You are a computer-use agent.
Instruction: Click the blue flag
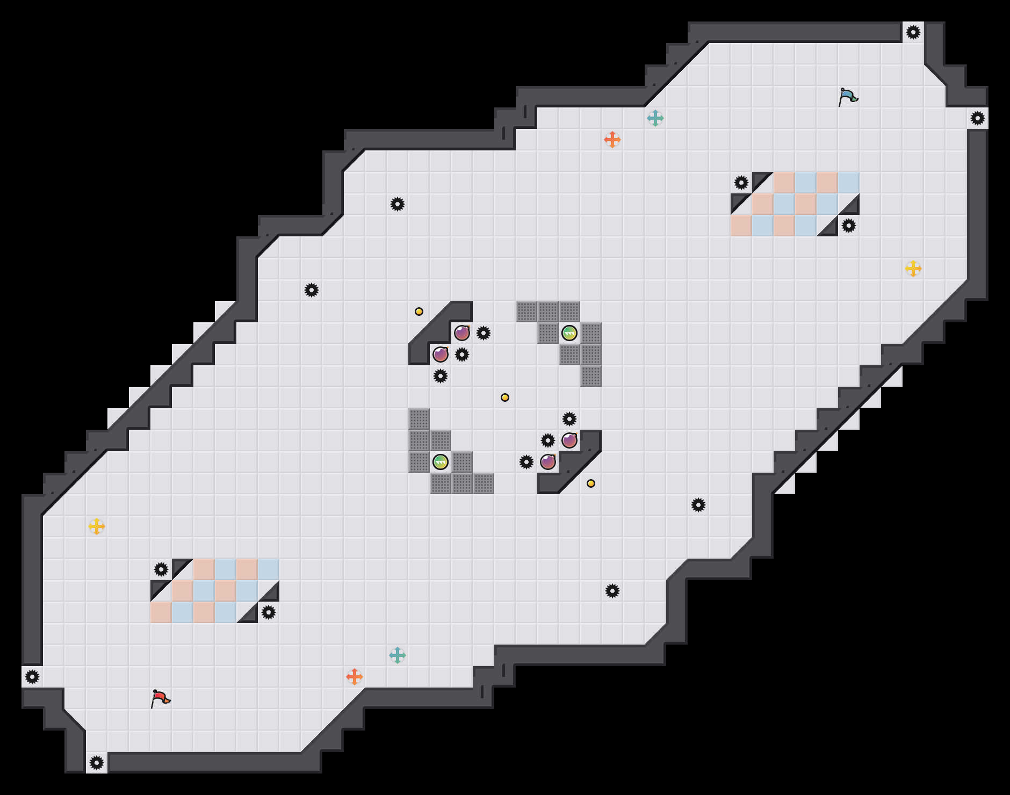click(848, 97)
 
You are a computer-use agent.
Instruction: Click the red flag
click(160, 698)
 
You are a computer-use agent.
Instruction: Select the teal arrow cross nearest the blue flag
click(655, 118)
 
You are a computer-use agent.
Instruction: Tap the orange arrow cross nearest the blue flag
click(612, 140)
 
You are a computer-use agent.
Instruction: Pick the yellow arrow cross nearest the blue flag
click(913, 269)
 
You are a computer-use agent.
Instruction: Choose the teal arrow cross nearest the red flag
click(397, 655)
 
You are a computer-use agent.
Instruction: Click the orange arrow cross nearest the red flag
click(354, 677)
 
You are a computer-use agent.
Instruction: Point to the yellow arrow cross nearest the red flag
click(96, 526)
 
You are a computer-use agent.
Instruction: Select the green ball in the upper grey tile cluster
click(569, 333)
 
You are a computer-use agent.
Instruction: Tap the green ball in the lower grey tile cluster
click(440, 462)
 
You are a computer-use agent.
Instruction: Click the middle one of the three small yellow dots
click(504, 397)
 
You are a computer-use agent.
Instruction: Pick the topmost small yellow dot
click(419, 312)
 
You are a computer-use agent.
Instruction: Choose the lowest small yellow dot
click(590, 483)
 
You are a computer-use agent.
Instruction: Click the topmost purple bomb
click(461, 333)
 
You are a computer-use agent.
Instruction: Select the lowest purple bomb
click(547, 462)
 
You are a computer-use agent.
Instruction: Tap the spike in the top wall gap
click(913, 32)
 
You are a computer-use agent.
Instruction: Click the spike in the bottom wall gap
click(96, 763)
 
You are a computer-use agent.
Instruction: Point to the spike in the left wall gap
click(32, 677)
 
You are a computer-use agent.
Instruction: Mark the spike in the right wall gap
click(977, 118)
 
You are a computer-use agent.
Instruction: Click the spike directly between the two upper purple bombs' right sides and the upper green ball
click(483, 333)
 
